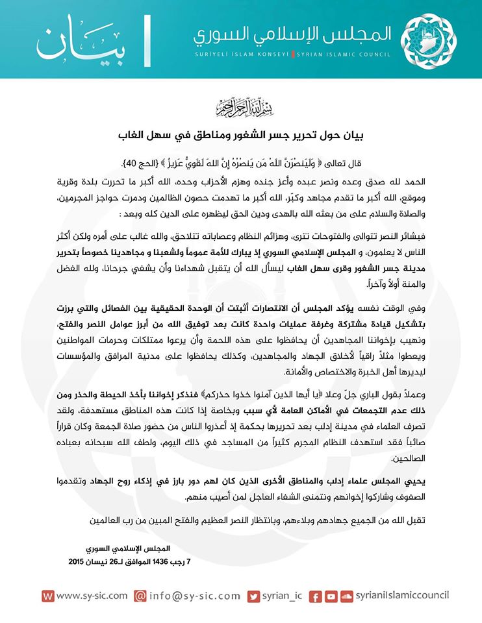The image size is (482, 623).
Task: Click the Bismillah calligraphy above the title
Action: pos(240,105)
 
